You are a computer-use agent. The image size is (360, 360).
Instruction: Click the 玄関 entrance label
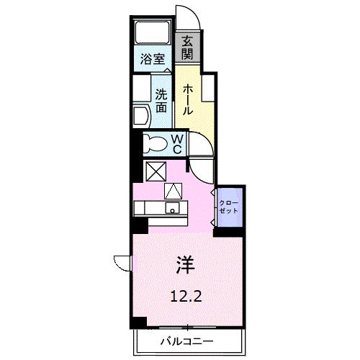[187, 49]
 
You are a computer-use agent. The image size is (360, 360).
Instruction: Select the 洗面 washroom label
[161, 99]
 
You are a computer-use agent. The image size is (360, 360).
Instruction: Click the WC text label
[176, 143]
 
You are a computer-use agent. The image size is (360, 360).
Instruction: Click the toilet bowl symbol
[153, 143]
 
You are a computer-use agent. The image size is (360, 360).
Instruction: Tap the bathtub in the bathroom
[152, 32]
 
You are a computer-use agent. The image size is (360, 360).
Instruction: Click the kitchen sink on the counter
[173, 209]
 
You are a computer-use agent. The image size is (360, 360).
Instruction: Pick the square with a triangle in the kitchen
[174, 191]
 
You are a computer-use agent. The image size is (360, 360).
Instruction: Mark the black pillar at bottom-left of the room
[138, 321]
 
